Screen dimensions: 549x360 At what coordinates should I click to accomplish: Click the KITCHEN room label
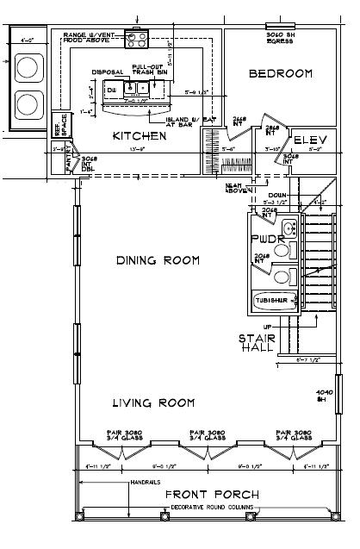tap(140, 136)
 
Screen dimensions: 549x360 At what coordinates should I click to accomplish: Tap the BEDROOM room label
tap(280, 74)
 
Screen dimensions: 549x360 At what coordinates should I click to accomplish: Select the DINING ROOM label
tap(158, 259)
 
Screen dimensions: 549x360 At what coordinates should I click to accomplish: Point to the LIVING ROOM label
tap(152, 402)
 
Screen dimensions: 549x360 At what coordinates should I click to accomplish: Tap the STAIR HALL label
tap(257, 343)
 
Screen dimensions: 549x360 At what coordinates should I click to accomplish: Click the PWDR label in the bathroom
tap(262, 237)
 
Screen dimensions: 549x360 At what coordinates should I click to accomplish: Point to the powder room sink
tap(289, 229)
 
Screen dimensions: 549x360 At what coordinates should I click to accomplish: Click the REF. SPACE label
tap(59, 124)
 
